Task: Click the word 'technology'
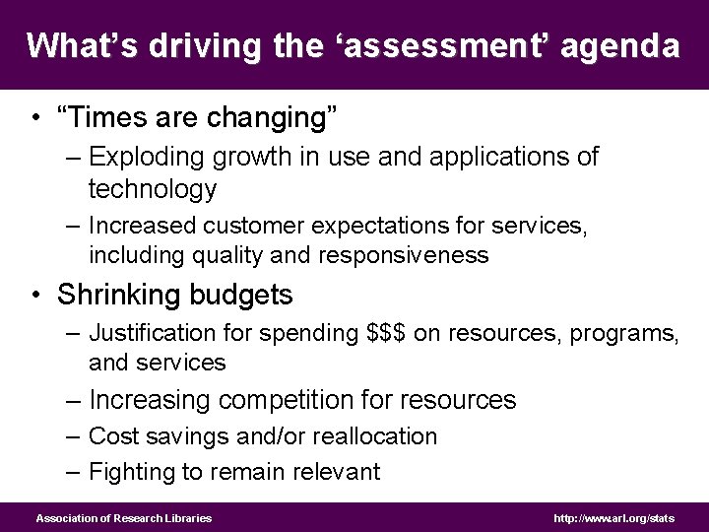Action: click(152, 188)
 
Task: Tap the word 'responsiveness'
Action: click(402, 255)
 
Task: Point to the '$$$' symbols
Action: click(387, 333)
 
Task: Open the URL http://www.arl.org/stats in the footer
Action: click(615, 518)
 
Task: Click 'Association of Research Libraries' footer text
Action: click(124, 518)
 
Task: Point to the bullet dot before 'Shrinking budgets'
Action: click(35, 295)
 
